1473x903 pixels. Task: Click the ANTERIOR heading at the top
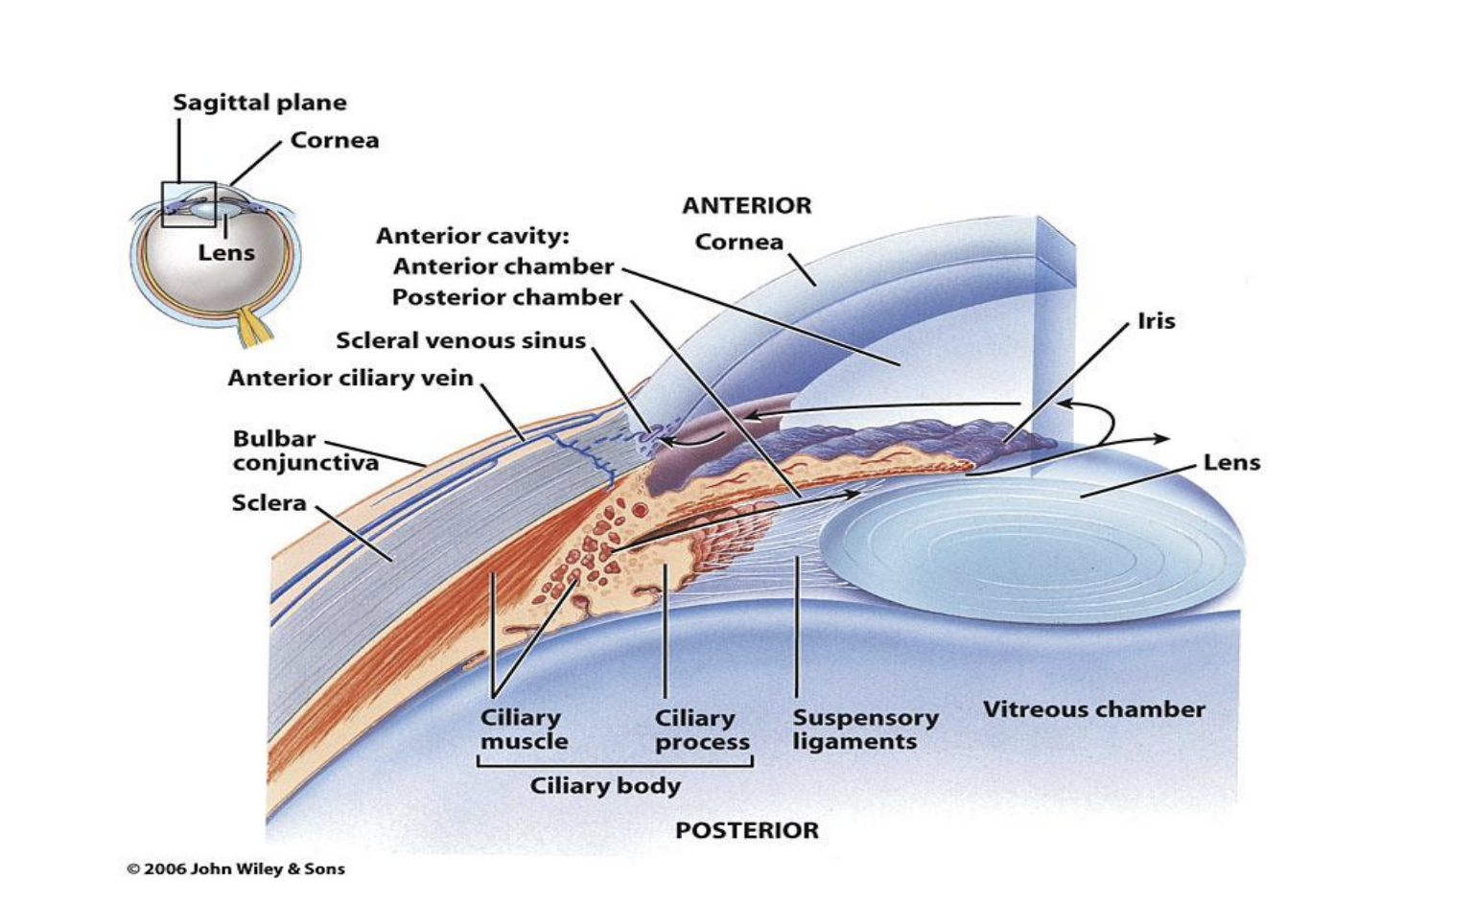click(x=746, y=205)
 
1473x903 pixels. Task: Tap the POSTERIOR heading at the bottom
click(x=746, y=830)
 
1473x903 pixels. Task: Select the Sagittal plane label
click(x=260, y=103)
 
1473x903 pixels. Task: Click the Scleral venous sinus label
click(x=460, y=340)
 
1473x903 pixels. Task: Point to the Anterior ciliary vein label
click(x=350, y=378)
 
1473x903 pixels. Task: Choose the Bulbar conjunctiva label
click(x=305, y=451)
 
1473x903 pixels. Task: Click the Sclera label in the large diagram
click(x=269, y=502)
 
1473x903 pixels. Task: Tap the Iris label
click(x=1156, y=321)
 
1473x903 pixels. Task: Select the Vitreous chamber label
click(x=1093, y=709)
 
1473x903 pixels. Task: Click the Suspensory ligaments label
click(x=865, y=729)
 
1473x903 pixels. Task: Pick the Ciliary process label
click(x=701, y=729)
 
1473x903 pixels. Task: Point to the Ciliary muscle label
click(x=523, y=729)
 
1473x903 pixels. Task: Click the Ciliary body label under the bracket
click(x=605, y=786)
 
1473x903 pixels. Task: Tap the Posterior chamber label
click(x=507, y=297)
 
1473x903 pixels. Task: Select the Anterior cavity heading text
click(x=472, y=236)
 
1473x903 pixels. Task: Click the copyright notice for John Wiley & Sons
click(x=236, y=869)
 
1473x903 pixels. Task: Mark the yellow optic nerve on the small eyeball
click(x=256, y=327)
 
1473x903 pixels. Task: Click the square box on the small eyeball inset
click(x=188, y=204)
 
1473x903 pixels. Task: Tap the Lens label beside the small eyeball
click(x=226, y=253)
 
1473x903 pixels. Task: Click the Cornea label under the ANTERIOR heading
click(x=738, y=242)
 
